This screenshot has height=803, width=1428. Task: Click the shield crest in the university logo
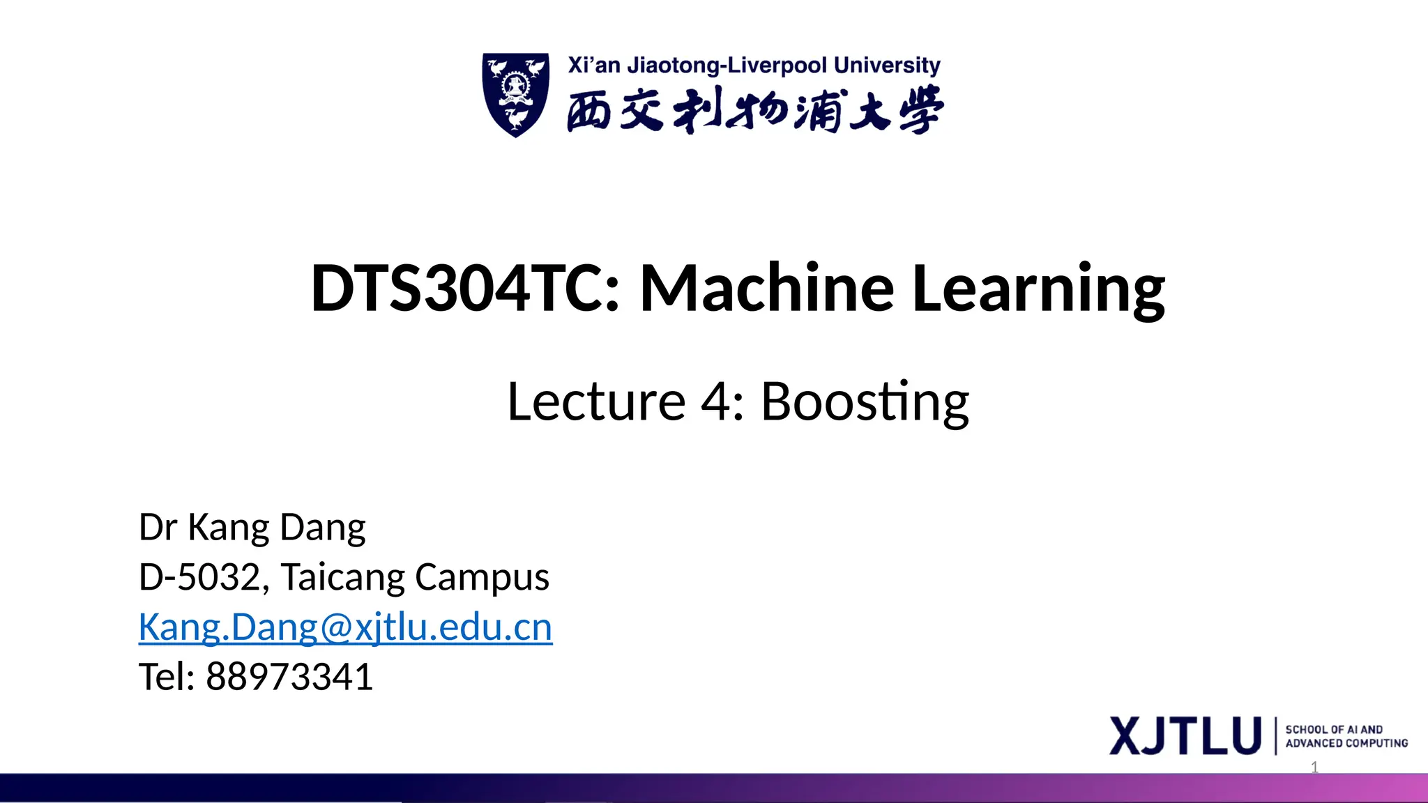point(515,94)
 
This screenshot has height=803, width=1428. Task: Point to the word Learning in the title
point(1038,289)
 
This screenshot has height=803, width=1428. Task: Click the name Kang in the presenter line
point(228,528)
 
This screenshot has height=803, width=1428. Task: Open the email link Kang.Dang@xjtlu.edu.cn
point(345,627)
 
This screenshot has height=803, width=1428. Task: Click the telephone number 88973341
point(289,677)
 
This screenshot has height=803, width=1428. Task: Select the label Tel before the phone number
point(166,677)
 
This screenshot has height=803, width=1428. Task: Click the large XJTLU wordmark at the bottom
point(1185,735)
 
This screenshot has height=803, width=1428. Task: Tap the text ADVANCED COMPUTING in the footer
point(1346,744)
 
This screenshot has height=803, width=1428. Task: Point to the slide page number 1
point(1314,767)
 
